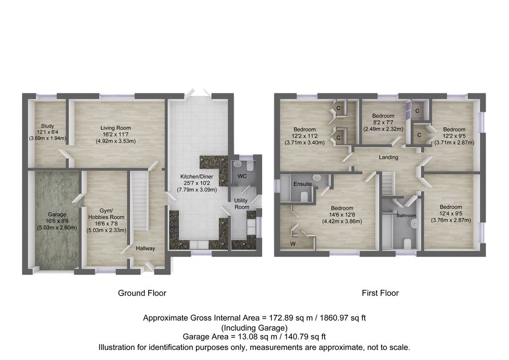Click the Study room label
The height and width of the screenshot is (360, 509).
click(x=48, y=126)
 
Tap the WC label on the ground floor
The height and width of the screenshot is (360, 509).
click(x=242, y=177)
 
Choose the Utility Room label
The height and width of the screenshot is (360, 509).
click(x=242, y=203)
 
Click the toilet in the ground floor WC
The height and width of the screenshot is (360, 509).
click(x=250, y=166)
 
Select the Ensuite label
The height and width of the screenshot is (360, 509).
click(x=303, y=184)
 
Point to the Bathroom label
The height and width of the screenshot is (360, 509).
click(x=406, y=216)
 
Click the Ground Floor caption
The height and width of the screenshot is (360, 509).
click(x=142, y=293)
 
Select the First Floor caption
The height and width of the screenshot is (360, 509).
click(x=380, y=293)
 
